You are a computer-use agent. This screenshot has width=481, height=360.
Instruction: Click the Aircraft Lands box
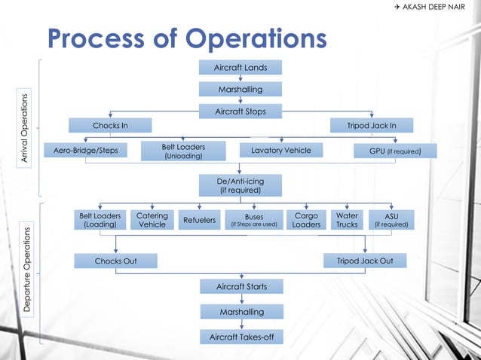(240, 68)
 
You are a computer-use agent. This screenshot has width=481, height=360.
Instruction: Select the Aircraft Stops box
(240, 111)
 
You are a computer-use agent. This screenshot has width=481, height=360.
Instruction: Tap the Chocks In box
(109, 125)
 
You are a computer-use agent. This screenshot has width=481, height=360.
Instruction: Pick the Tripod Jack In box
(370, 125)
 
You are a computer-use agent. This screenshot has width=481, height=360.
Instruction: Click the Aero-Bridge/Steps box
(85, 151)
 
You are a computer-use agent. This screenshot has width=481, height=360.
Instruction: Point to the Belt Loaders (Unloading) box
(183, 151)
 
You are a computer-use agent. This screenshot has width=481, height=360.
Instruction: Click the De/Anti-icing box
(240, 185)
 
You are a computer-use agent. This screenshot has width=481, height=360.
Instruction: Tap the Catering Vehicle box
(152, 220)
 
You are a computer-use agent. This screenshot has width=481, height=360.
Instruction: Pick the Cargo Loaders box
(306, 220)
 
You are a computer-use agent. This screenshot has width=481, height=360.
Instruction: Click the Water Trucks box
(347, 220)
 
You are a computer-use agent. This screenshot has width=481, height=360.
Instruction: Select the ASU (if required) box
(391, 220)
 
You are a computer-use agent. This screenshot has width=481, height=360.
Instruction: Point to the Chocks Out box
(115, 261)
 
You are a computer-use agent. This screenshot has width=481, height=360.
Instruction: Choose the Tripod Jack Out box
(365, 261)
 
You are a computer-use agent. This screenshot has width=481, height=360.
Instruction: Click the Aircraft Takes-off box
(240, 337)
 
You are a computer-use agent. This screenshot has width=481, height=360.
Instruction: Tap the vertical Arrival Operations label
(25, 128)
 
